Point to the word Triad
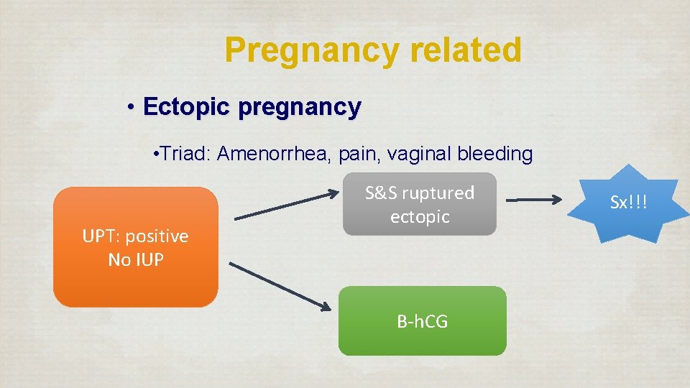(x=184, y=154)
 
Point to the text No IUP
(x=135, y=259)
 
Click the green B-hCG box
(x=422, y=321)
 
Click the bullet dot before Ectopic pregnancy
(x=131, y=108)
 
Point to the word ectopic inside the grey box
(x=420, y=216)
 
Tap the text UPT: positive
(x=135, y=236)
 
